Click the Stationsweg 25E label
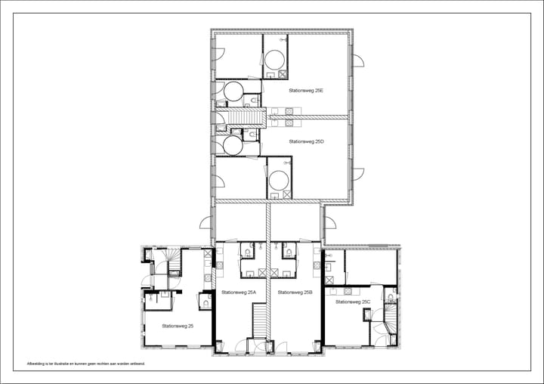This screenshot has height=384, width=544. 305,90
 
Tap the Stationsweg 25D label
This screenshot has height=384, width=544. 305,141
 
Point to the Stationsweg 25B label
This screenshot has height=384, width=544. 295,292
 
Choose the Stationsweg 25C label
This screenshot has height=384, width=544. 353,302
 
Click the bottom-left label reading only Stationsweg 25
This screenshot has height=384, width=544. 177,326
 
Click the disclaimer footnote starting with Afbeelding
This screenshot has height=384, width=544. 85,364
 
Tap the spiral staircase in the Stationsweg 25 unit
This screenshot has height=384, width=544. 174,262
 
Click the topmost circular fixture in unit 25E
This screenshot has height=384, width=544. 275,58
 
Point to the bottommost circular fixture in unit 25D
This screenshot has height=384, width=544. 279,180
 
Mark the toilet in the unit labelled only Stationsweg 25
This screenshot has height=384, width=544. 205,303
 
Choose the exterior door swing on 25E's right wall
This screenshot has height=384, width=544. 357,60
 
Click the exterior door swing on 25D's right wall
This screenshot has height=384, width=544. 357,173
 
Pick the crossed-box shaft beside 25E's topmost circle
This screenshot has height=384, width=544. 283,74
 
